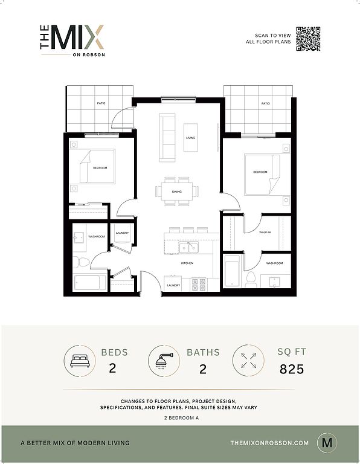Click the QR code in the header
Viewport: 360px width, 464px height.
pyautogui.click(x=308, y=39)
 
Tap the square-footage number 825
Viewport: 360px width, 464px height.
pyautogui.click(x=292, y=369)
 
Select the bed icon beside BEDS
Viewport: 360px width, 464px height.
pyautogui.click(x=80, y=361)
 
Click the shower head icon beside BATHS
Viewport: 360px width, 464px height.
pyautogui.click(x=164, y=361)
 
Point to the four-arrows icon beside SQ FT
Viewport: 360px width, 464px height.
pyautogui.click(x=248, y=361)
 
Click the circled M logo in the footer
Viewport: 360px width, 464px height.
pyautogui.click(x=327, y=443)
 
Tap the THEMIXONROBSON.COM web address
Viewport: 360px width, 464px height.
pyautogui.click(x=269, y=443)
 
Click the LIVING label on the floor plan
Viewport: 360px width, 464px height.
pyautogui.click(x=190, y=138)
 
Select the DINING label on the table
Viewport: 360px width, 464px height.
pyautogui.click(x=176, y=192)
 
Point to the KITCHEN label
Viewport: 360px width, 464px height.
pyautogui.click(x=187, y=263)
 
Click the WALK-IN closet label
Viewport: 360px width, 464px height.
pyautogui.click(x=265, y=232)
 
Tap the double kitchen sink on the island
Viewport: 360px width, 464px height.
pyautogui.click(x=188, y=247)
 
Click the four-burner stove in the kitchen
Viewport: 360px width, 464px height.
pyautogui.click(x=199, y=284)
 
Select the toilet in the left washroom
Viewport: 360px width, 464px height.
pyautogui.click(x=82, y=262)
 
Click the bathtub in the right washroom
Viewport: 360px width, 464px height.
pyautogui.click(x=232, y=271)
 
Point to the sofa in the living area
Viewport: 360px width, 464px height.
pyautogui.click(x=167, y=138)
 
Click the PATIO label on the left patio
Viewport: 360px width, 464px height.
pyautogui.click(x=101, y=103)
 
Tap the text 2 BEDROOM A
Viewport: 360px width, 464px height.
pyautogui.click(x=181, y=418)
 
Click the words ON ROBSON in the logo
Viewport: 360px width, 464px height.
pyautogui.click(x=89, y=55)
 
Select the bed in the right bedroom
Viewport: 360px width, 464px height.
pyautogui.click(x=262, y=175)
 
